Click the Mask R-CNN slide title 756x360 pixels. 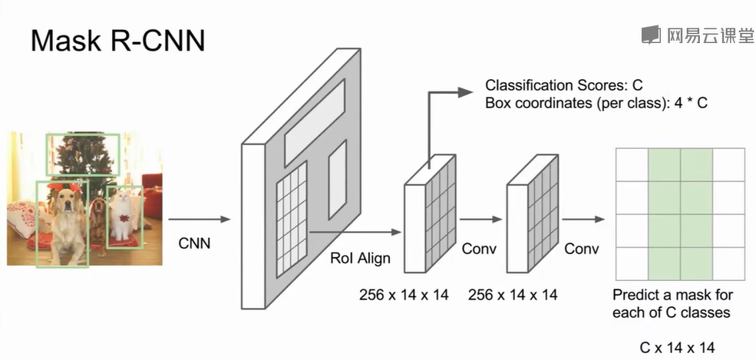117,39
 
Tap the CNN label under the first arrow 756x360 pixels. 194,244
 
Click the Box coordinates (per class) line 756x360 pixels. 595,102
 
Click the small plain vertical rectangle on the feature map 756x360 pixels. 338,180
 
